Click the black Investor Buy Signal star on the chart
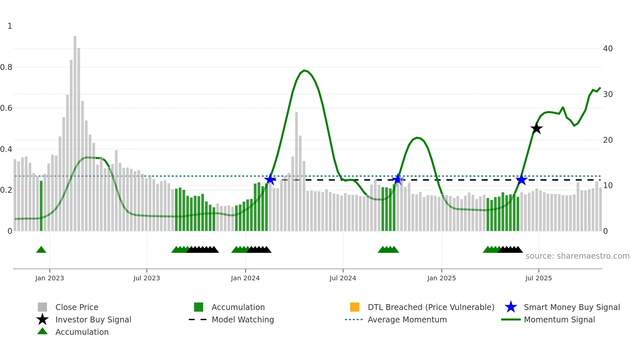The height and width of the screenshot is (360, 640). pos(536,128)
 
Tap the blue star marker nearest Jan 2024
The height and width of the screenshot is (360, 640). pos(270,179)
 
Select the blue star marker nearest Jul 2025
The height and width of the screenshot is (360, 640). pos(521,180)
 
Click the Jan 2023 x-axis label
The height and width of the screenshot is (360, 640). pos(50,278)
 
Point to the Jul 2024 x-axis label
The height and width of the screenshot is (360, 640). pos(343,278)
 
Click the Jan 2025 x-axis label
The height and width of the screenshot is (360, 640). pos(441,278)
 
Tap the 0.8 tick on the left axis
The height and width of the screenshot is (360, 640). pos(6,67)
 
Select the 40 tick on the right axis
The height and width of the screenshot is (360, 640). pos(608,49)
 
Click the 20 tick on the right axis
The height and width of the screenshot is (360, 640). pos(608,140)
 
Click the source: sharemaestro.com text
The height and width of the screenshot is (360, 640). pos(577,256)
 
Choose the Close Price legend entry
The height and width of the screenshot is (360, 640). pos(76,307)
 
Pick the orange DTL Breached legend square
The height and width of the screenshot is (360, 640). pos(355,307)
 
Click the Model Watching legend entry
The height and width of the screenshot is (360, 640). pos(242,319)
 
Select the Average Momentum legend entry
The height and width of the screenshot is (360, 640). pos(407,319)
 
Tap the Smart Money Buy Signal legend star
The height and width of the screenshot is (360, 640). pos(511,307)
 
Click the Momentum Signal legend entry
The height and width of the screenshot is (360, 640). pos(559,319)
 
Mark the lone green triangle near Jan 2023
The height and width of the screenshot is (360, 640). pos(41,250)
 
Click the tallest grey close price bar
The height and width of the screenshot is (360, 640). pos(75,131)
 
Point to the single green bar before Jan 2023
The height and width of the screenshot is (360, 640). pos(41,206)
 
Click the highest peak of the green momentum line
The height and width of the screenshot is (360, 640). pos(304,70)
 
